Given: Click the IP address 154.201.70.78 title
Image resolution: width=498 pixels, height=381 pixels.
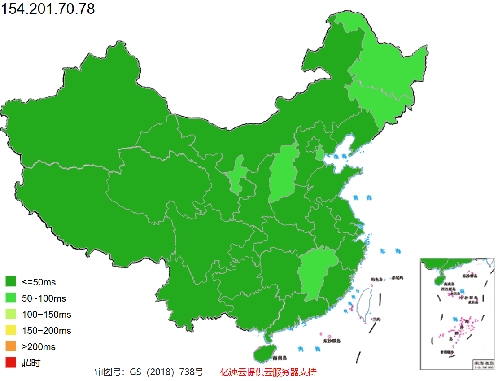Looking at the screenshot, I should [48, 9].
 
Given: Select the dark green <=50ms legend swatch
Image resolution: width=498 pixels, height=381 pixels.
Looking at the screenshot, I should [11, 282].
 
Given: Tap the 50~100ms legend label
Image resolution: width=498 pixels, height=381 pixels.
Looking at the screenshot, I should [44, 298].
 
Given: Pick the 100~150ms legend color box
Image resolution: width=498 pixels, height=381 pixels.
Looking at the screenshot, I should [11, 314].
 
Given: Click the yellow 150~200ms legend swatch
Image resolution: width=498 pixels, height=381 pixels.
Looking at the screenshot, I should [11, 331].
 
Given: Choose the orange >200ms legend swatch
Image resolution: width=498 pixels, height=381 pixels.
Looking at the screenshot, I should [11, 346].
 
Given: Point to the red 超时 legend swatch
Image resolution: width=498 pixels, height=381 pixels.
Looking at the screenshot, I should [11, 363].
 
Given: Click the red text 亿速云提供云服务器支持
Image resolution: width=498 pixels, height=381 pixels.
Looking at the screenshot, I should [268, 372].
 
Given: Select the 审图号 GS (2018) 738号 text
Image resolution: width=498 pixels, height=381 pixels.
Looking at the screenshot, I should [149, 372].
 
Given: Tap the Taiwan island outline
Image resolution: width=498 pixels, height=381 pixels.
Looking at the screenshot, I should [366, 303].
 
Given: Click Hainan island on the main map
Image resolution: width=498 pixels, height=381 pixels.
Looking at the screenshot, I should [264, 353].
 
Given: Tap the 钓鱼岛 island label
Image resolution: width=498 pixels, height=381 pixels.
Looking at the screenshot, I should [376, 279].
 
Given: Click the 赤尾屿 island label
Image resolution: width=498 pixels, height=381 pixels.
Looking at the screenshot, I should [397, 278].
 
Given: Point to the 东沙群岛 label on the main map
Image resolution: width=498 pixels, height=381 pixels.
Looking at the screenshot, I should [332, 341].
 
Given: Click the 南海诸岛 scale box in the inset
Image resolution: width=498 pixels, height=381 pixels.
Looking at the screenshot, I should [484, 364].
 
